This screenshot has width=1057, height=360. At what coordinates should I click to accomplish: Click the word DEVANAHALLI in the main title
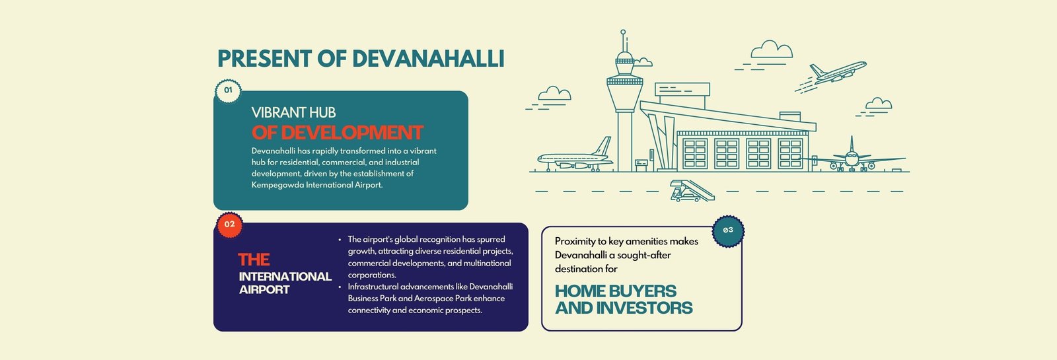click(x=428, y=59)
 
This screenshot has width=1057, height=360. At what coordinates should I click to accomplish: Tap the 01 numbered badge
click(x=229, y=90)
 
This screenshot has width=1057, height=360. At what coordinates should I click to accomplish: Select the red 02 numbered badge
click(x=229, y=225)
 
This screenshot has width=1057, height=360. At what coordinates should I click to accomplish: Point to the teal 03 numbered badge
click(x=728, y=231)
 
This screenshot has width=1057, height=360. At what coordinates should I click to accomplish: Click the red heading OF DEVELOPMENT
click(x=338, y=133)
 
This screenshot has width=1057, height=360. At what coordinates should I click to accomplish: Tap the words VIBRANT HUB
click(x=293, y=112)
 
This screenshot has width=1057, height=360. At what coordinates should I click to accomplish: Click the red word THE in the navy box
click(x=254, y=260)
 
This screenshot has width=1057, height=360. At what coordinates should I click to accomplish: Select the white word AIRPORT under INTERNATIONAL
click(x=264, y=290)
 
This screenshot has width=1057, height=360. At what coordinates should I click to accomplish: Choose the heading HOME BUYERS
click(x=615, y=291)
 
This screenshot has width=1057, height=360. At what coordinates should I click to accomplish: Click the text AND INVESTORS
click(x=624, y=308)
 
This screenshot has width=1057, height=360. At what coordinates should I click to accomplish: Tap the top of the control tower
click(x=623, y=32)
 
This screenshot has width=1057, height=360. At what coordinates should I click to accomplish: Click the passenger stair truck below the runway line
click(x=692, y=191)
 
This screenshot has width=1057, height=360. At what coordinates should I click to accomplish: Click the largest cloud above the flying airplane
click(x=772, y=50)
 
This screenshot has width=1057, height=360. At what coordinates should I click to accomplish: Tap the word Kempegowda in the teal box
click(x=277, y=185)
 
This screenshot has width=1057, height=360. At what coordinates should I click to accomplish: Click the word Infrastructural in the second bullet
click(x=373, y=287)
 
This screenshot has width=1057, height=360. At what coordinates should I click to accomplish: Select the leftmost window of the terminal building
click(x=695, y=154)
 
